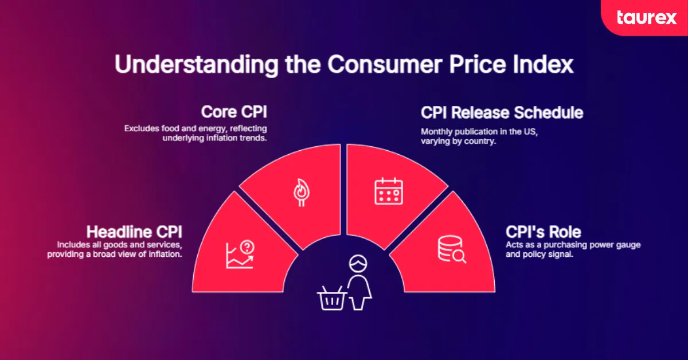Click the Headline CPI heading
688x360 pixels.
tap(134, 232)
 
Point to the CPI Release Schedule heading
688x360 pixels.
tap(502, 112)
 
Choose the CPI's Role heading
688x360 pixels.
tap(543, 232)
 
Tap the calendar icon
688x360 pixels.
tap(389, 191)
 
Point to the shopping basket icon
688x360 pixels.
tap(331, 298)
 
